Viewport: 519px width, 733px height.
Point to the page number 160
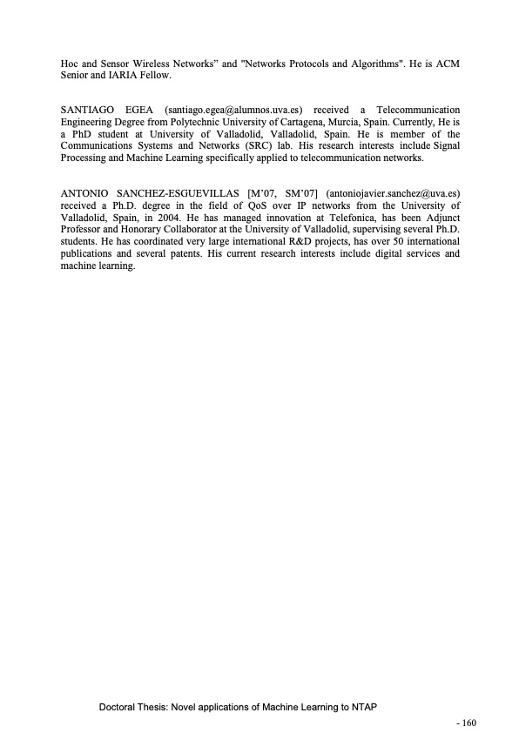coord(469,722)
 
